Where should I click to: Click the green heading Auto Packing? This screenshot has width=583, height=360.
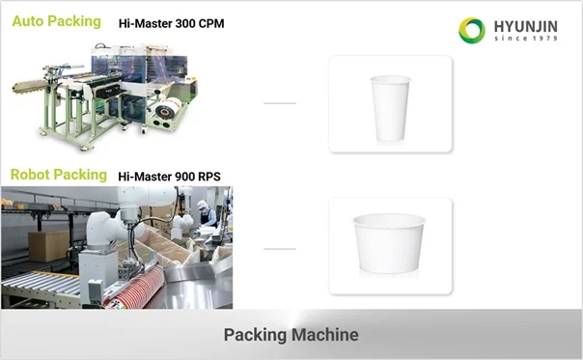click(57, 21)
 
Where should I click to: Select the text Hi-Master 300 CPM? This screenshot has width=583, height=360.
click(172, 23)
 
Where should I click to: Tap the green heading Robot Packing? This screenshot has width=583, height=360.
click(59, 175)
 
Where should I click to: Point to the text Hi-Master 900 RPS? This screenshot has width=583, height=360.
click(170, 177)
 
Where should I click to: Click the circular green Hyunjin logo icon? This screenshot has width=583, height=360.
click(472, 31)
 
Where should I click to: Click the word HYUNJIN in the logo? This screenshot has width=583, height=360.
click(526, 27)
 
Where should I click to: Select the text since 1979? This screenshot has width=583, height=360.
click(526, 39)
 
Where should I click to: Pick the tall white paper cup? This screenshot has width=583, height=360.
click(390, 108)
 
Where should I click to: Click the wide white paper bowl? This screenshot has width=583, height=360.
click(389, 243)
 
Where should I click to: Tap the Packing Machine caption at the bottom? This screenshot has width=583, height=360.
click(291, 335)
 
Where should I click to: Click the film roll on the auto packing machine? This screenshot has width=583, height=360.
click(166, 109)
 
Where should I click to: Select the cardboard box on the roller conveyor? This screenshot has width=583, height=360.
click(48, 246)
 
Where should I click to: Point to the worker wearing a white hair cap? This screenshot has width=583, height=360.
click(206, 214)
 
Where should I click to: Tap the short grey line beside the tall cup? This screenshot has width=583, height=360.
click(280, 103)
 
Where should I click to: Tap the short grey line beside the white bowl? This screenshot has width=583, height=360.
click(280, 249)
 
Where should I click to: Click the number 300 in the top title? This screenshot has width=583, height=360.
click(185, 23)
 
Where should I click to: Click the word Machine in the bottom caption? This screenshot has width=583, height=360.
click(325, 335)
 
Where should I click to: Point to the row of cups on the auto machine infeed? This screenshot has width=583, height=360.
click(31, 87)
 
